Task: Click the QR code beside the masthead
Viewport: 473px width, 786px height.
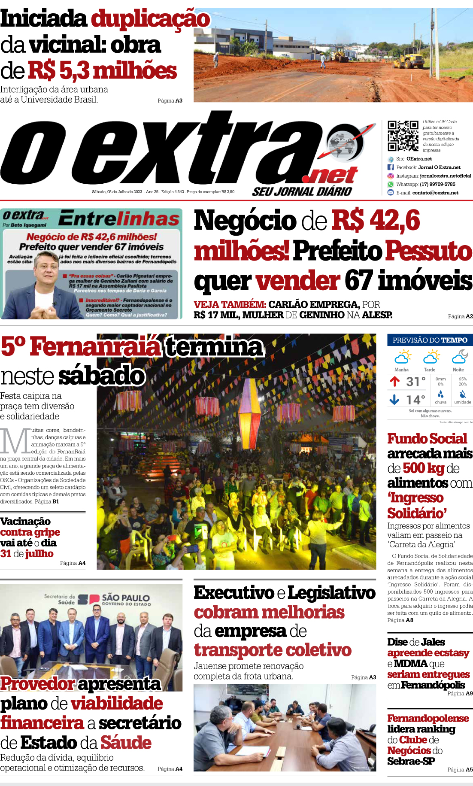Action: pos(403,136)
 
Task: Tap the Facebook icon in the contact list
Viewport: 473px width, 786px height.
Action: pos(391,167)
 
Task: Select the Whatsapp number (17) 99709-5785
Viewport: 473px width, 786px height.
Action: pos(437,184)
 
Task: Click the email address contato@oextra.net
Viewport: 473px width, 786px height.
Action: pos(435,193)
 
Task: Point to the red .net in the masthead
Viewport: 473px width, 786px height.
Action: pos(330,176)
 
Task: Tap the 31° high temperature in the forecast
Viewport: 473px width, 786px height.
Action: pos(415,381)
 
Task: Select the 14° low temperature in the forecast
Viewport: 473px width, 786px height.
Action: pos(415,400)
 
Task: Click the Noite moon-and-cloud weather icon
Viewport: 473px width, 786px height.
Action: pos(460,356)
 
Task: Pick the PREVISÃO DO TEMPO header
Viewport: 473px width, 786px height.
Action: pos(430,340)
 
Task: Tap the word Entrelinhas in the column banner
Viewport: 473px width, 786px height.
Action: pos(119,219)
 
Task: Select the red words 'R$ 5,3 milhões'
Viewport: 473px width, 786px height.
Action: pos(102,71)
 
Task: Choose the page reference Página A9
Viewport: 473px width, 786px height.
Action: pos(460,693)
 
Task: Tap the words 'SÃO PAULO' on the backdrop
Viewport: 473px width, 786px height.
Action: pos(125,598)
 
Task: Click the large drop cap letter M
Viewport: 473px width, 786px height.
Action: pos(15,441)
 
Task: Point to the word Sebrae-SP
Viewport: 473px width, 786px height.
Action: pos(411,761)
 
